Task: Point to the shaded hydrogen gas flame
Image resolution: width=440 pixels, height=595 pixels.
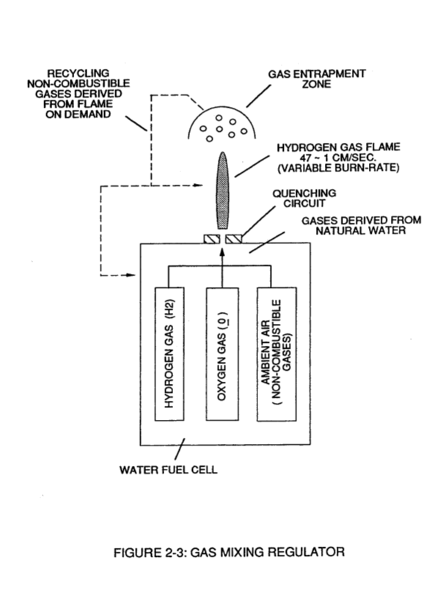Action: pos(223,190)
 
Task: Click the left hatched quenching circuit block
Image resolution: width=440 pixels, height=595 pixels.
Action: pos(212,239)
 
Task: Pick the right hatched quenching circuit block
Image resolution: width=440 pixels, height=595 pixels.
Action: pos(233,239)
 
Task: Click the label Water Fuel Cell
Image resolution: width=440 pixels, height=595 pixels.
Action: pos(169,470)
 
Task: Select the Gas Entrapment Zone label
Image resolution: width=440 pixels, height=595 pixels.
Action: pos(317,78)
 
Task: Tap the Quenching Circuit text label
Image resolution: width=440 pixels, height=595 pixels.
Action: pos(304,198)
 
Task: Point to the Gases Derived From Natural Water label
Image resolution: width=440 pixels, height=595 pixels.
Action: pos(361,225)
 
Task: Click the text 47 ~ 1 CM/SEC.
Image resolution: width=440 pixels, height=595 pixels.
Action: pos(338,158)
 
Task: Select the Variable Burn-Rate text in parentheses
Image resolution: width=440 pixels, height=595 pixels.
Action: pos(338,168)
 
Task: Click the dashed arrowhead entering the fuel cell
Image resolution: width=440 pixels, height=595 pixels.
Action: pos(131,275)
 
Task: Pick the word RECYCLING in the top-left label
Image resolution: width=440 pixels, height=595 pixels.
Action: pos(78,73)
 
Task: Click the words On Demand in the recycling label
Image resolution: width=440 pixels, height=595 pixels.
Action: pos(78,114)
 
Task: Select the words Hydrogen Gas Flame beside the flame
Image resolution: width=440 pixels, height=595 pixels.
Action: pos(338,147)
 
